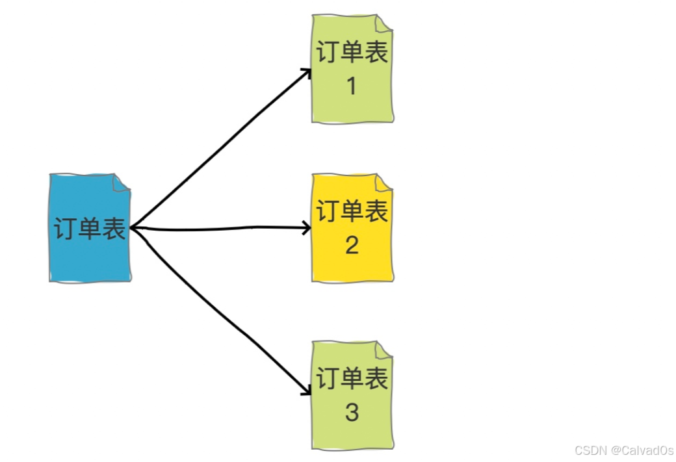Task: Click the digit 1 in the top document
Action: [352, 86]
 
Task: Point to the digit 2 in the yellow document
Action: [352, 245]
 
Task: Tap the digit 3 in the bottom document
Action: [352, 412]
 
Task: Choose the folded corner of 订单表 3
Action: [385, 349]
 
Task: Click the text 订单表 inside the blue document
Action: [90, 229]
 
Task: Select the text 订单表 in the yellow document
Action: [352, 211]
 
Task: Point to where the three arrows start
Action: [131, 227]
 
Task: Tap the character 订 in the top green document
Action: [328, 52]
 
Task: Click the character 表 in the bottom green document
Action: [376, 378]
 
